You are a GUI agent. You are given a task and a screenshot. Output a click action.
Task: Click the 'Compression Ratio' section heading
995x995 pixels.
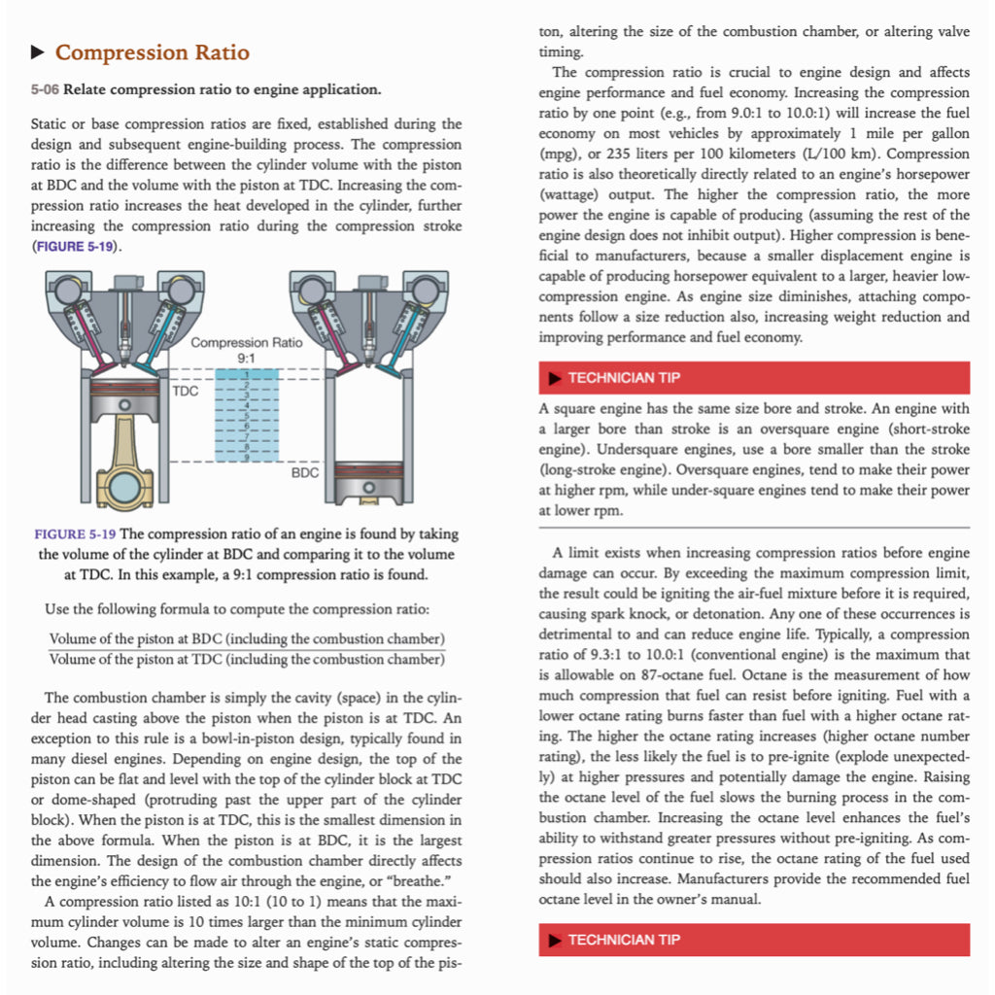coord(152,52)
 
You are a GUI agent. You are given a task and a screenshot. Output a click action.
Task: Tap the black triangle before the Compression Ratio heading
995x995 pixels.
coord(38,52)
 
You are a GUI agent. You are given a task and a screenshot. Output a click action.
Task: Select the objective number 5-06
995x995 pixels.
coord(45,90)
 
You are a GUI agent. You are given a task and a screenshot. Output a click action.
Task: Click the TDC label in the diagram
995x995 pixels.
coord(186,392)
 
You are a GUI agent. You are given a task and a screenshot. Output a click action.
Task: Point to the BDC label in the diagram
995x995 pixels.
coord(305,473)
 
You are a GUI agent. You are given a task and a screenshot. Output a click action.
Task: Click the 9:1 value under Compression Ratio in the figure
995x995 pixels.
coord(246,359)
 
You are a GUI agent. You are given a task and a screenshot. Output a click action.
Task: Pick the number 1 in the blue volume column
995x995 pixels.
coord(247,375)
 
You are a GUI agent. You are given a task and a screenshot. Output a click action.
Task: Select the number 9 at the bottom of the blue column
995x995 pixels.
coord(247,457)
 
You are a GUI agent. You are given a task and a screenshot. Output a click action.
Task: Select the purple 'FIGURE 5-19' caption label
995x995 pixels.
coord(74,534)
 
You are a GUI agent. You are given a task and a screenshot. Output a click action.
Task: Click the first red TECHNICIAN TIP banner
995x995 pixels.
coord(754,378)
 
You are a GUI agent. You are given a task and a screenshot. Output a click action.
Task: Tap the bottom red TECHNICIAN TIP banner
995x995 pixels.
coord(754,940)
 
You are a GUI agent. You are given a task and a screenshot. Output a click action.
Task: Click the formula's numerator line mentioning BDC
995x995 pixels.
coord(247,638)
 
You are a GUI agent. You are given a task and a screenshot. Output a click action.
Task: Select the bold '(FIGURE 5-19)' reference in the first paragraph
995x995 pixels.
coord(76,247)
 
